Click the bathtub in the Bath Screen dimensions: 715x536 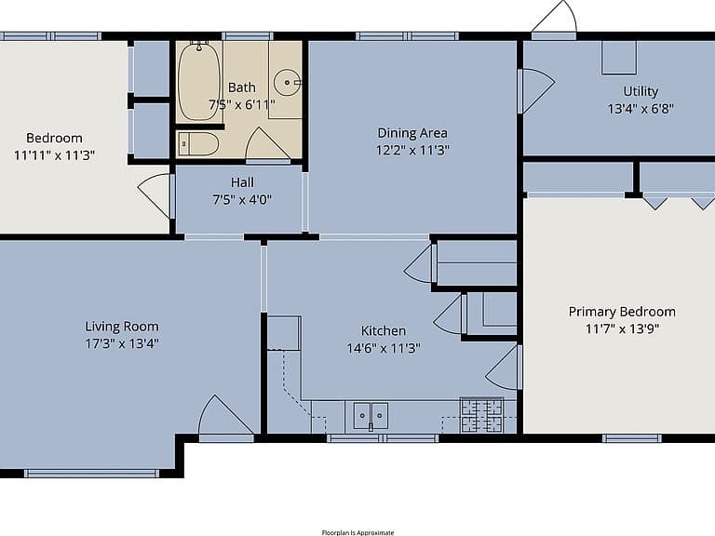coord(199,81)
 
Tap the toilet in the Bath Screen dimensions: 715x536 coord(198,144)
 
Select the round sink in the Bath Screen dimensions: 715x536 coord(288,83)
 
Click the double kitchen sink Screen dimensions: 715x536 coord(371,416)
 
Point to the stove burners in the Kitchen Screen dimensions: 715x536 coord(482,415)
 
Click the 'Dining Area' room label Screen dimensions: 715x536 coord(412,133)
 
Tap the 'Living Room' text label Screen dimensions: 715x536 coord(122,327)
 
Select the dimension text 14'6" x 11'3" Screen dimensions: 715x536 coord(383,348)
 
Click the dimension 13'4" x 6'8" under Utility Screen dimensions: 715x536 coord(641,109)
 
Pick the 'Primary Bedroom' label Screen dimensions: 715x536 coord(622,312)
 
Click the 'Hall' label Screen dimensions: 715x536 coord(242,182)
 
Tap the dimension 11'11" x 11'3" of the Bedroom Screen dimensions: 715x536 coord(54,155)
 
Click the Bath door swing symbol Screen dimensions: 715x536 coord(268,144)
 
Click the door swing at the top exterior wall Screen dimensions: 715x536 coord(555,19)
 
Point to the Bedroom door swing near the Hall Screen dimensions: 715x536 coord(156,196)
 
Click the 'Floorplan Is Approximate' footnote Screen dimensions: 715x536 coord(357,532)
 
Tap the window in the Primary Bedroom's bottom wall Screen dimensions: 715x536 coord(631,438)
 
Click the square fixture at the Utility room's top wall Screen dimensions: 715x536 coord(619,58)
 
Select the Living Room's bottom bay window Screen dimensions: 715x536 coord(91,474)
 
